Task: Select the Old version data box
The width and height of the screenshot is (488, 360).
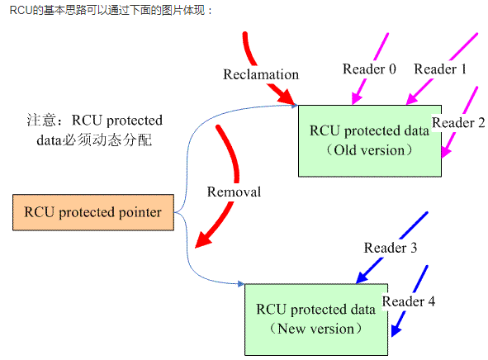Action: click(x=370, y=140)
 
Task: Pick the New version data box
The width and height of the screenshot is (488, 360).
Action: click(x=315, y=318)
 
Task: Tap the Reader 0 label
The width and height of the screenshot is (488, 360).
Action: click(x=369, y=69)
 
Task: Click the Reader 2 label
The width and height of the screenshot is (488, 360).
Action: click(x=459, y=123)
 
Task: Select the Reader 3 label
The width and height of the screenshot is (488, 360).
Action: click(x=391, y=248)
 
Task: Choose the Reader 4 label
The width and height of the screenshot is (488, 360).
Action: click(x=409, y=301)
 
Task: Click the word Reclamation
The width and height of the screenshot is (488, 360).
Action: click(x=261, y=74)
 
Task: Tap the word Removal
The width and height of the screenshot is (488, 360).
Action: click(x=234, y=192)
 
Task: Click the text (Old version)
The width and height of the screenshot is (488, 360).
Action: click(x=368, y=150)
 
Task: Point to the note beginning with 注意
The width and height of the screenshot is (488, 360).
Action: click(x=93, y=130)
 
